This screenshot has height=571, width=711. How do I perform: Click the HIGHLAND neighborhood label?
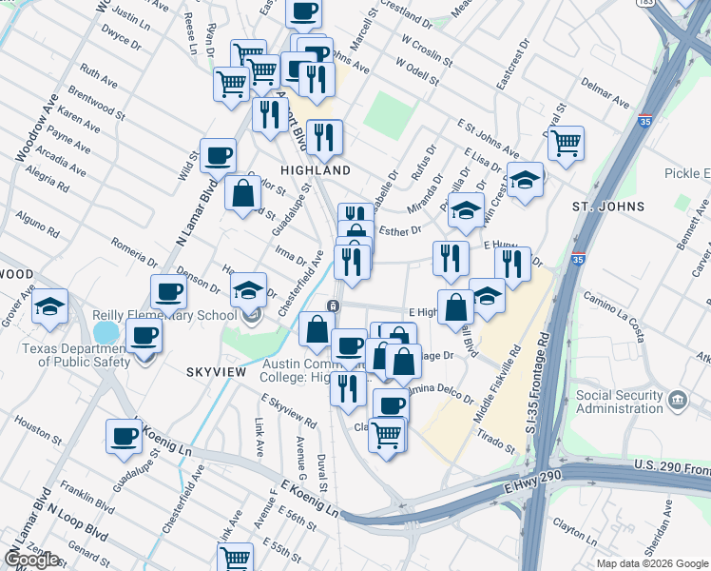316,169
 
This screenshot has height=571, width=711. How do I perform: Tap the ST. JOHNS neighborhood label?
608,207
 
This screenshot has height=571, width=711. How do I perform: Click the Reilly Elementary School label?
164,316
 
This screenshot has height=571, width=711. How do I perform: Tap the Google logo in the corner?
31,560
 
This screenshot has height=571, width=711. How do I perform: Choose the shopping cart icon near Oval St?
566,143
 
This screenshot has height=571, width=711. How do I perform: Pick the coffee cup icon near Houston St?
124,436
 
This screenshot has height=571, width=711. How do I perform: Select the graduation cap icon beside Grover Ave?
49,305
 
